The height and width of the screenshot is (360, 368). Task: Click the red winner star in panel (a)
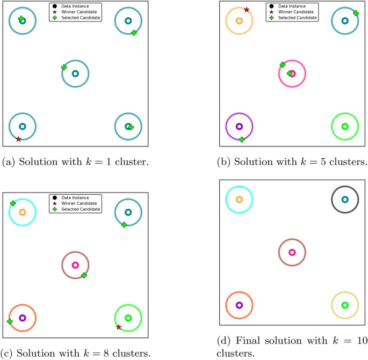pyautogui.click(x=18, y=139)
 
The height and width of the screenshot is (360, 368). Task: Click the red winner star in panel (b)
pyautogui.click(x=247, y=10)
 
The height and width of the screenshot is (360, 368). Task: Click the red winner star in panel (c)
pyautogui.click(x=119, y=327)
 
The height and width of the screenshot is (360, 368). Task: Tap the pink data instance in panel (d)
pyautogui.click(x=292, y=252)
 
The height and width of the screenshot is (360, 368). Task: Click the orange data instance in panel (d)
pyautogui.click(x=240, y=200)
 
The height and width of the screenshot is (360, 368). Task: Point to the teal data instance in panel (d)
pyautogui.click(x=345, y=200)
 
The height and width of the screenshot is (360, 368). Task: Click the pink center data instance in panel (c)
pyautogui.click(x=75, y=265)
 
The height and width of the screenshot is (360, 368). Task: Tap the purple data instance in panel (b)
pyautogui.click(x=240, y=127)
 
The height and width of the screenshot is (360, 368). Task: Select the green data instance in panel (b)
pyautogui.click(x=345, y=127)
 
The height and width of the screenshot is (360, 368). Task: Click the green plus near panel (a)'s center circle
pyautogui.click(x=64, y=67)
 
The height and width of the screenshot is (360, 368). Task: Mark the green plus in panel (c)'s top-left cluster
pyautogui.click(x=13, y=203)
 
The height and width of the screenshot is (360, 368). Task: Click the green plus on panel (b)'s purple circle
pyautogui.click(x=242, y=139)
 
